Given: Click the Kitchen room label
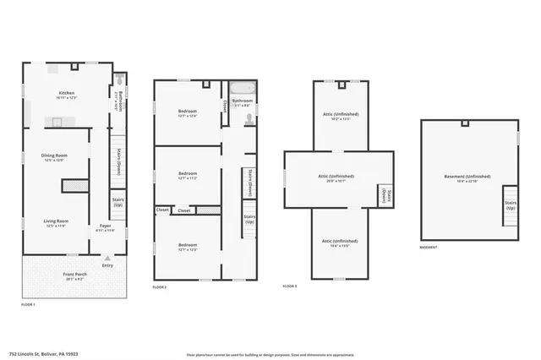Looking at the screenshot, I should click(x=67, y=95).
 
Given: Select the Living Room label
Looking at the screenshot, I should click(x=56, y=223).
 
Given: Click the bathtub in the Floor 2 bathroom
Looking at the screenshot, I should click(x=242, y=90).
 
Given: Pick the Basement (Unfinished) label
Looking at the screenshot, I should click(x=467, y=178).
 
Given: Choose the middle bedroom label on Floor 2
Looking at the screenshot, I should click(x=188, y=176).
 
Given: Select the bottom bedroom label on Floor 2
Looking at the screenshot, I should click(x=188, y=247).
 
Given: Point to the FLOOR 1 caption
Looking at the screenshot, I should click(x=28, y=304).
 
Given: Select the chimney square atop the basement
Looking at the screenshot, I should click(x=464, y=123).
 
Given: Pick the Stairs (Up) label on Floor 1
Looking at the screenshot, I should click(x=118, y=203).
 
